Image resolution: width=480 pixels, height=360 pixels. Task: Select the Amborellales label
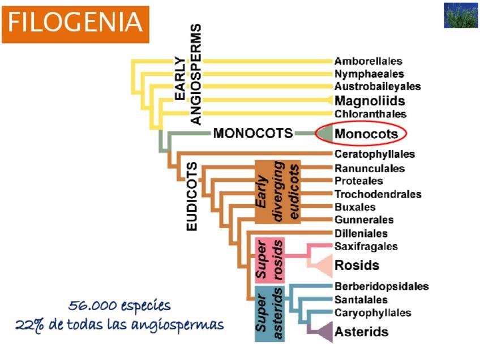tap(368, 61)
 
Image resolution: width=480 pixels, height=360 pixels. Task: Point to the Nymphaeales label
tap(369, 74)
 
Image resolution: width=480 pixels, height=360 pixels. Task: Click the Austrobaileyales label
tap(378, 87)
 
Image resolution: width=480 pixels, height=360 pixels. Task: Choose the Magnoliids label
tap(370, 101)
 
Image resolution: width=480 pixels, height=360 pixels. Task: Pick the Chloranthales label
tap(370, 114)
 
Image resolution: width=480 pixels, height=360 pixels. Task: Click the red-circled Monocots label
tap(366, 134)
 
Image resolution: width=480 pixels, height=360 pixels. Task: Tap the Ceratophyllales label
tap(374, 154)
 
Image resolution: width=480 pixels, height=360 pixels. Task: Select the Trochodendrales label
tap(378, 194)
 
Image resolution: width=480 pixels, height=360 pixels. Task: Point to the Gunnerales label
tap(364, 220)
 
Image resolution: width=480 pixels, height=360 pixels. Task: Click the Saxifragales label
tap(366, 246)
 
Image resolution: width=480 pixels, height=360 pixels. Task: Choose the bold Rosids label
tap(357, 265)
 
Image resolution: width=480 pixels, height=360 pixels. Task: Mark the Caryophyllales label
tap(372, 313)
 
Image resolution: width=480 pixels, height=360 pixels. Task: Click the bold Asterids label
tap(361, 332)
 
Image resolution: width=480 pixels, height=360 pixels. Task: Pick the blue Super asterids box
tap(269, 314)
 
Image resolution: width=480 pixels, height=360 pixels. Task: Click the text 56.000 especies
tap(119, 306)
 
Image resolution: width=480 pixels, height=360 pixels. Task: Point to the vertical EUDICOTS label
tap(192, 196)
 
